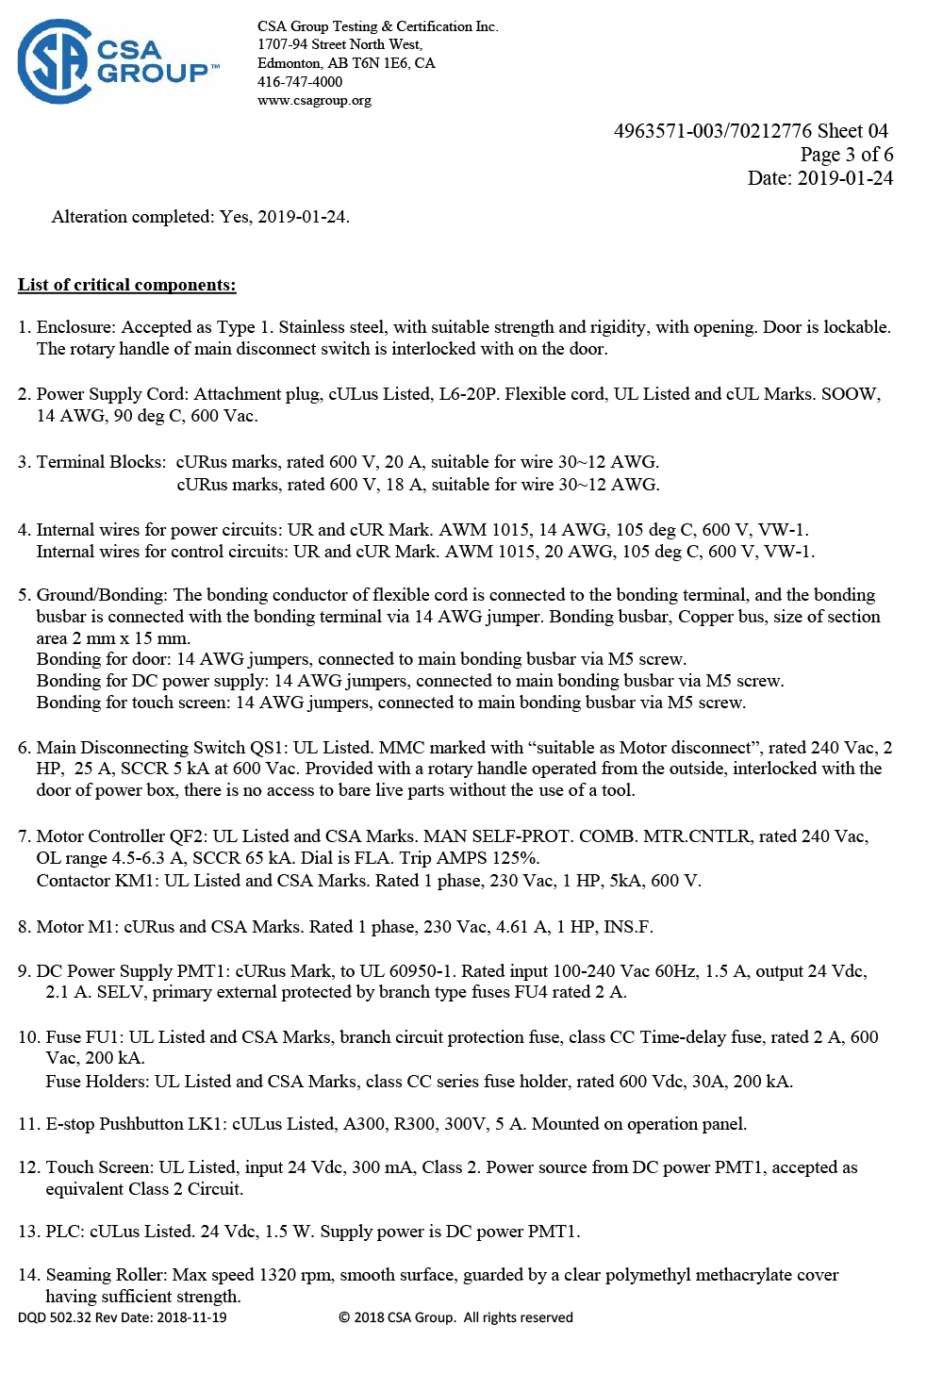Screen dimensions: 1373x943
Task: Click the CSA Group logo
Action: point(118,62)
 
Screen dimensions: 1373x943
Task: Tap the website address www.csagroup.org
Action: point(314,100)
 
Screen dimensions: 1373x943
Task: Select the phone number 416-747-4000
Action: point(300,82)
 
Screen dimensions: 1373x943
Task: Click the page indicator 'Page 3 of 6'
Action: point(846,155)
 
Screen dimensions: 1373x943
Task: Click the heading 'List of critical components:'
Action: point(126,285)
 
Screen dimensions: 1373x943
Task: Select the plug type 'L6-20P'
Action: point(467,394)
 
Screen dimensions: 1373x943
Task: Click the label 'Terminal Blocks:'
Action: point(101,462)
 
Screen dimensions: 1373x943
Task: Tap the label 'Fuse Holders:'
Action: point(97,1082)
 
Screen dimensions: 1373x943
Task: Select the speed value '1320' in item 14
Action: point(277,1275)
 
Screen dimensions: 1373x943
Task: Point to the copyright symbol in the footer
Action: point(344,1317)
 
